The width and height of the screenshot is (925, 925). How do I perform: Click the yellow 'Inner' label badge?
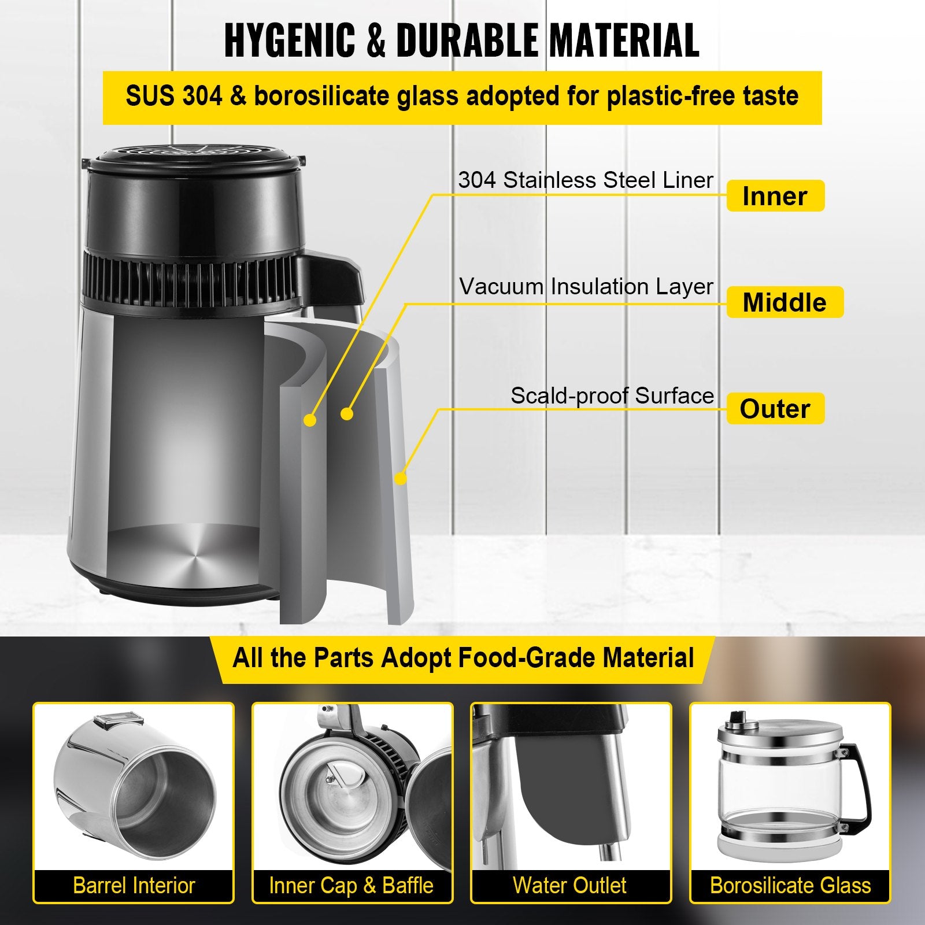775,196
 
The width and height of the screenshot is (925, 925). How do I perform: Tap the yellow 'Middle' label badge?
785,302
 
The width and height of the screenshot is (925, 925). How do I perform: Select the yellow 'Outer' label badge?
775,409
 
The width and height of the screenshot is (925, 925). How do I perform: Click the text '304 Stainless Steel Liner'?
585,180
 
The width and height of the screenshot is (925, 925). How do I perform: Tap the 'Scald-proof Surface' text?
612,396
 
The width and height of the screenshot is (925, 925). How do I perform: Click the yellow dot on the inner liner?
310,420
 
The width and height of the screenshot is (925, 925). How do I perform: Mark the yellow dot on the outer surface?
400,478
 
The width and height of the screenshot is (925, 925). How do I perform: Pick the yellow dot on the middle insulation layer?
347,414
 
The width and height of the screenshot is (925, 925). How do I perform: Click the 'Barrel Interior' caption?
134,886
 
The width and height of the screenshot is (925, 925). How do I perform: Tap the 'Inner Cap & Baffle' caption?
351,886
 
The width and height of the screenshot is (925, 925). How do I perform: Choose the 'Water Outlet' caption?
569,886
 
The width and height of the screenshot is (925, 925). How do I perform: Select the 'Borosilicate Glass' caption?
790,886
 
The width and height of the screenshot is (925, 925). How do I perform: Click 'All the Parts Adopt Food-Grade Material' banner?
462,658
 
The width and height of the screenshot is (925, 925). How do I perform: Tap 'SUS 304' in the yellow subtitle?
173,96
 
